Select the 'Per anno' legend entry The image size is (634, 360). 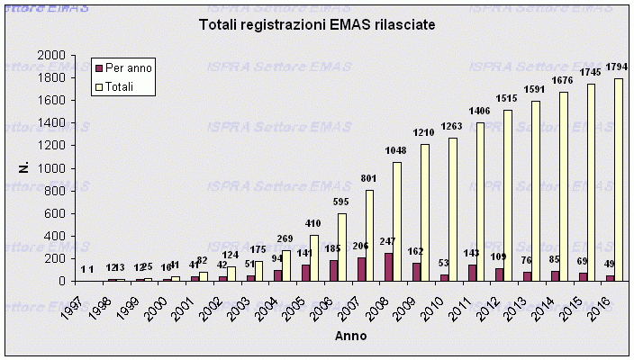coord(128,67)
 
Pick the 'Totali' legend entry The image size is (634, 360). coord(121,86)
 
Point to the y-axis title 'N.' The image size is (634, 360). coord(26,167)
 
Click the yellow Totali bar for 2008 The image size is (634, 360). coord(397,221)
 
